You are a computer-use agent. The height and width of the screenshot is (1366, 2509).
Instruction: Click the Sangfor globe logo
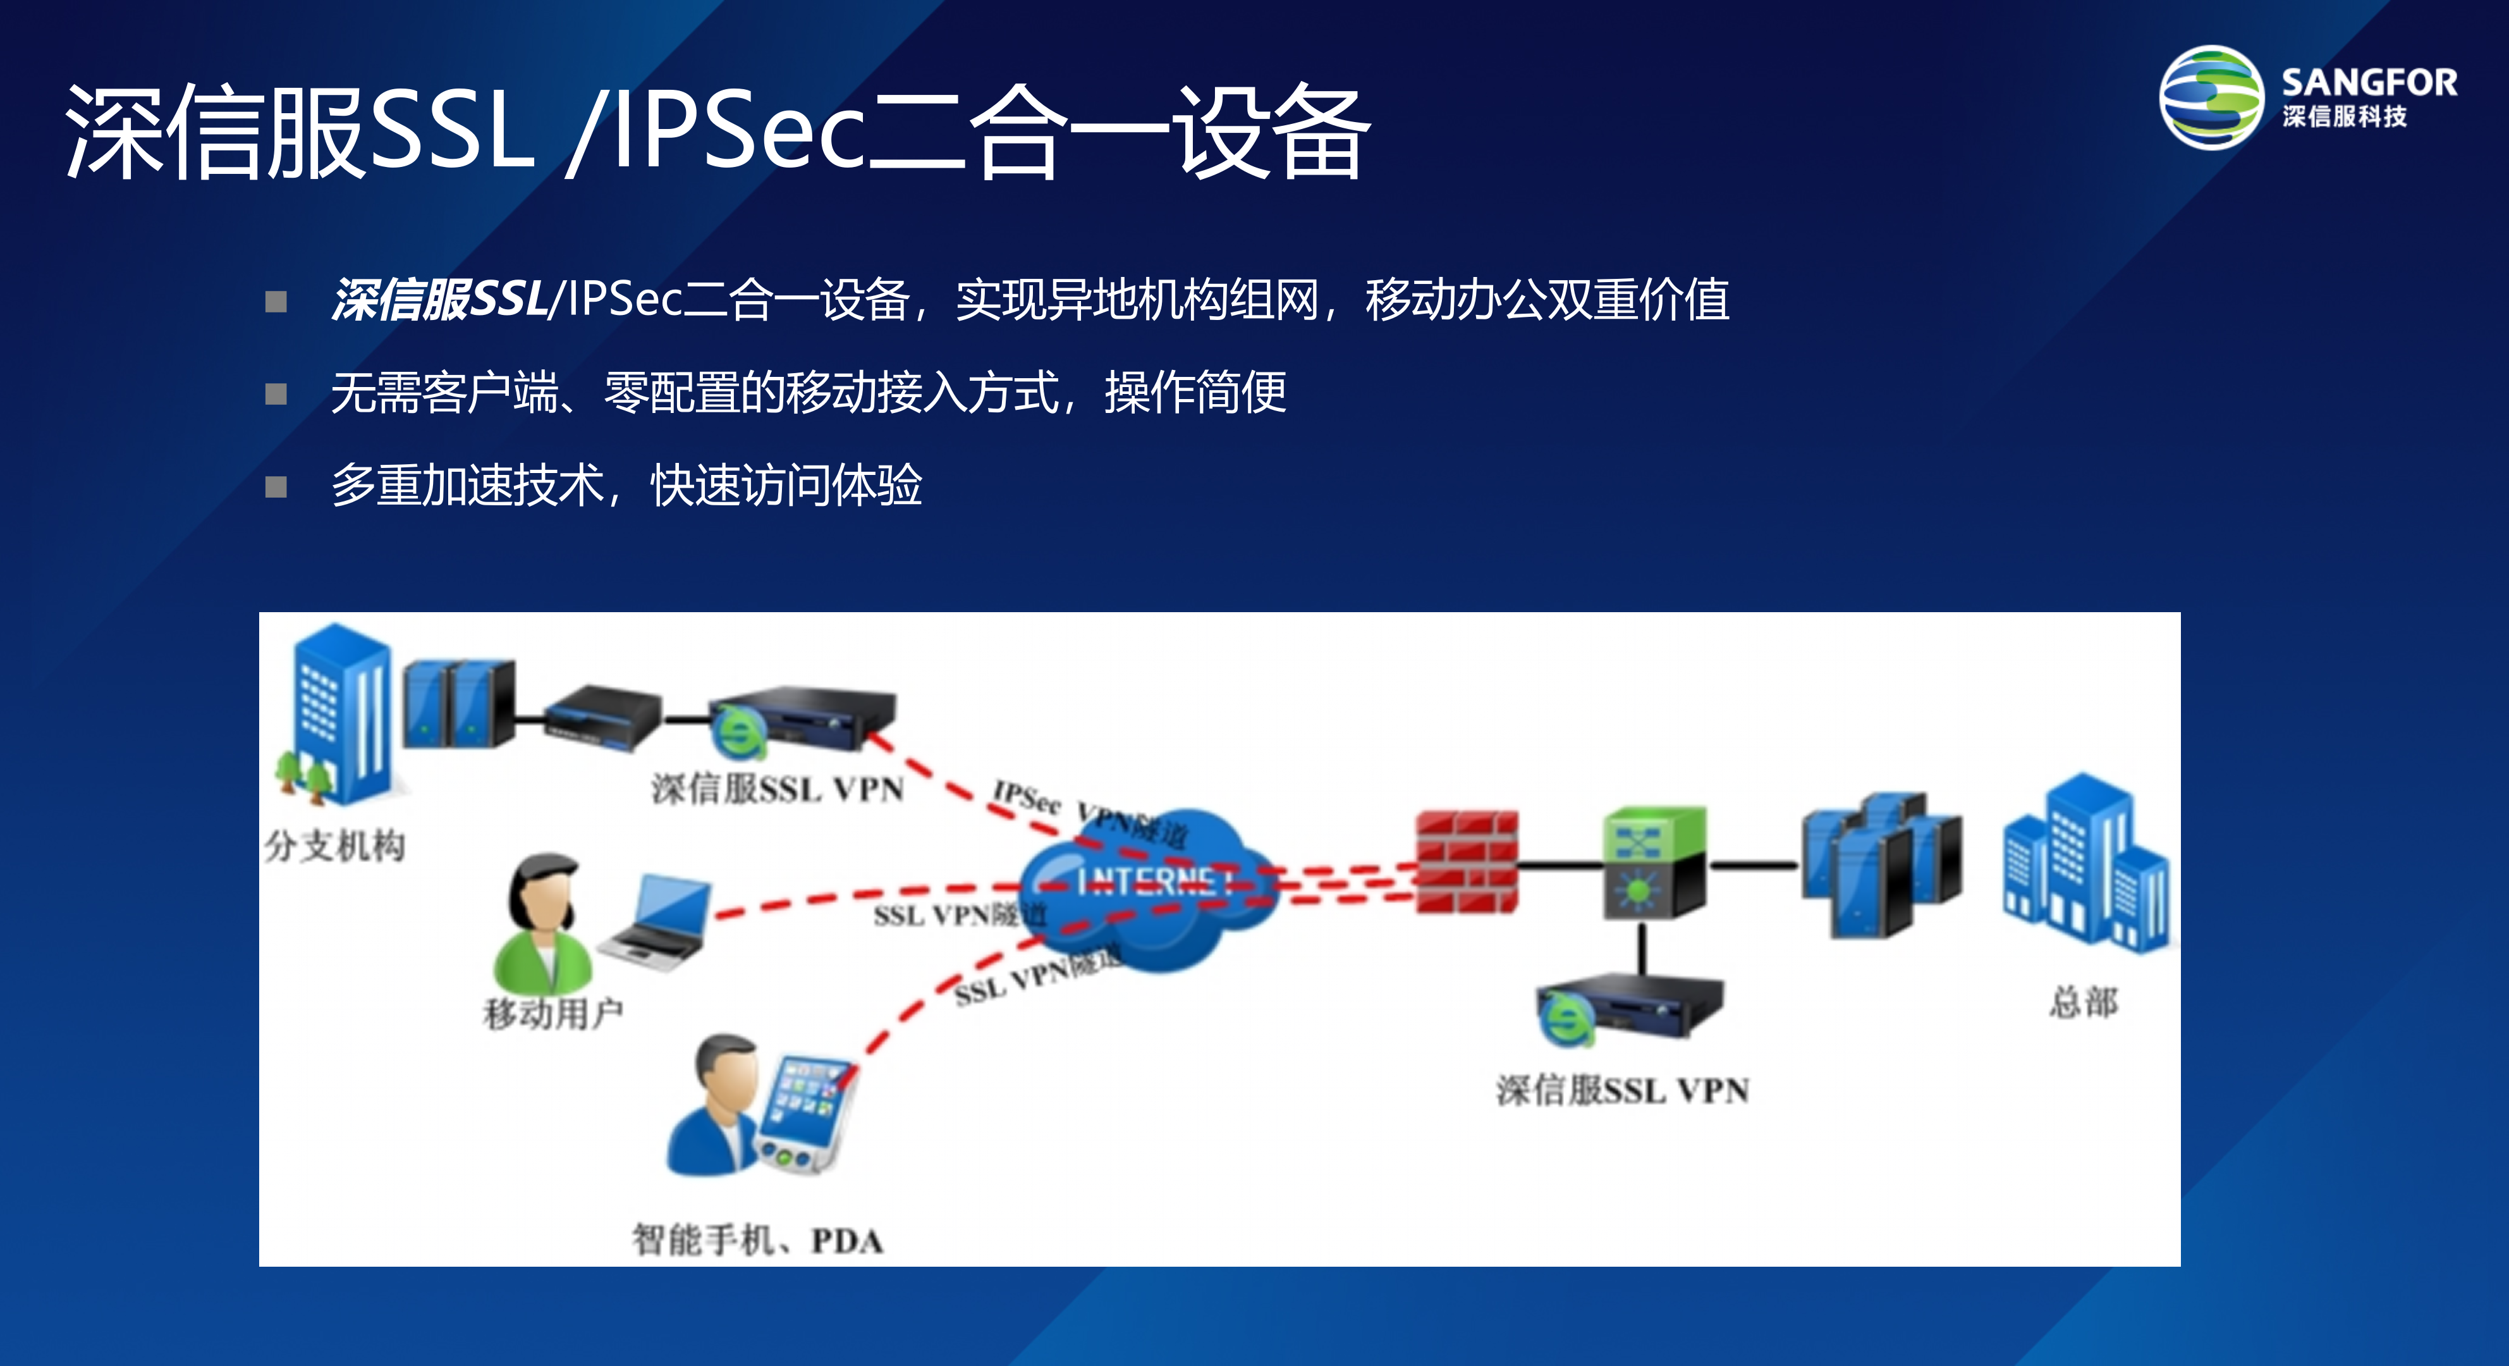[2211, 97]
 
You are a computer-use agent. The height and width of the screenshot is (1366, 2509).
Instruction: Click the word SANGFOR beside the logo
[2369, 83]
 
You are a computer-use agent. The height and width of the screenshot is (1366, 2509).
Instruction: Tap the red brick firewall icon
[1466, 862]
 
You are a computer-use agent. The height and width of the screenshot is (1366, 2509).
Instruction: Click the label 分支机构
[334, 846]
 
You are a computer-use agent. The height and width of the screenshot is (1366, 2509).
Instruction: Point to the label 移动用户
[552, 1013]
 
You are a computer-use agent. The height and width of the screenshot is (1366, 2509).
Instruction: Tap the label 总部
[2084, 1002]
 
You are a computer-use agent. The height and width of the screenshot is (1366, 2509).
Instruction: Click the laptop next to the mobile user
[657, 921]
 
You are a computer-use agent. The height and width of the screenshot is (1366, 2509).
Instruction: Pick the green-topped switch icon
[1654, 862]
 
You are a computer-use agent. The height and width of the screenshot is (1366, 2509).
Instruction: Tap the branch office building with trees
[336, 716]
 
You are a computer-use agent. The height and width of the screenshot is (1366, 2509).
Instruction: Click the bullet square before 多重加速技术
[277, 486]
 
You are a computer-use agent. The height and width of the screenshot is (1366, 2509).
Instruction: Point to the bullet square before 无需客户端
[277, 393]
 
